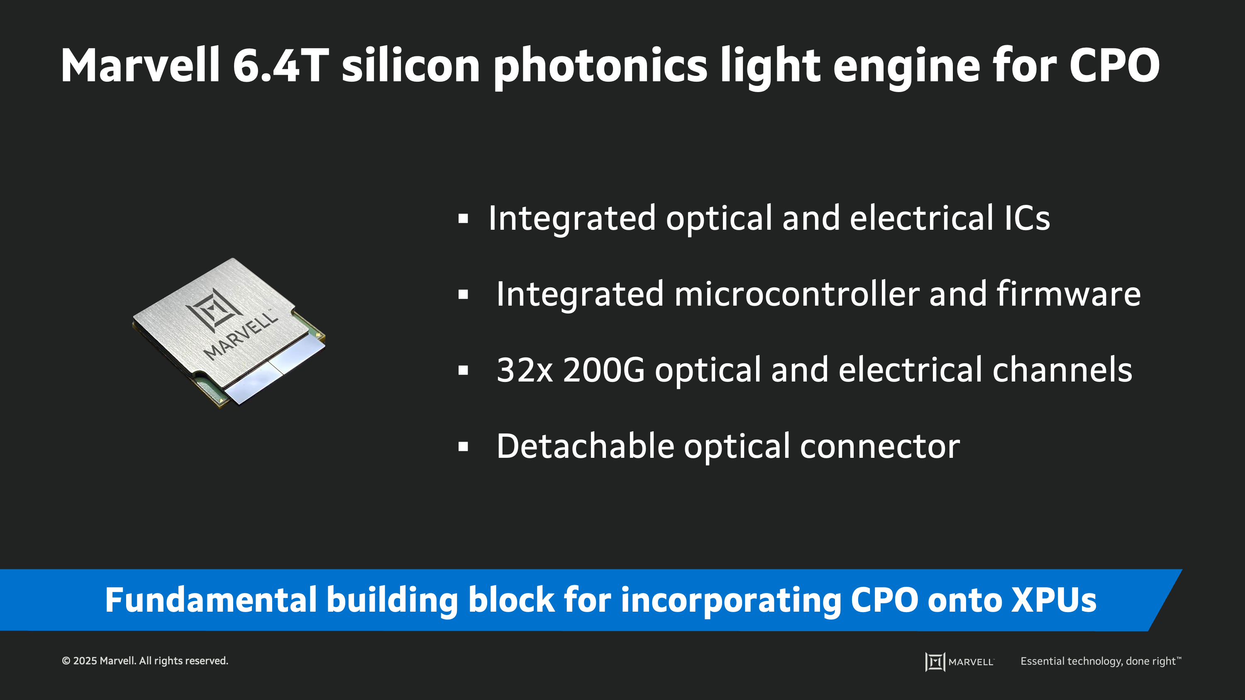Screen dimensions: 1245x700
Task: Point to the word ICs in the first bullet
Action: pyautogui.click(x=1027, y=219)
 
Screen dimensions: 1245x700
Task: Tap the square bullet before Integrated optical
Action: pyautogui.click(x=463, y=219)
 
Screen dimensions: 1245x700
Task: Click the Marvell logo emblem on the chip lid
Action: pyautogui.click(x=214, y=309)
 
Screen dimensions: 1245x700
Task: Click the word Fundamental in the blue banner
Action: pyautogui.click(x=211, y=600)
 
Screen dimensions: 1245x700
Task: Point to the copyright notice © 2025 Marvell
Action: pyautogui.click(x=144, y=661)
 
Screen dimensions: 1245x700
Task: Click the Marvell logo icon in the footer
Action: pyautogui.click(x=935, y=661)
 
